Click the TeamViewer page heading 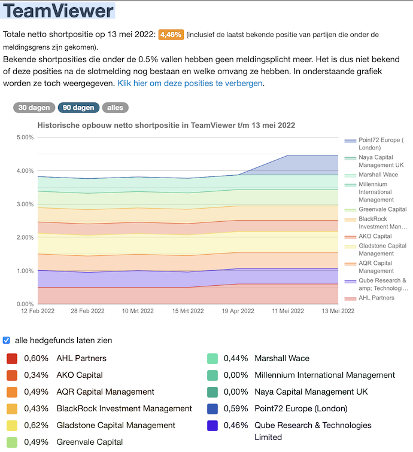point(58,11)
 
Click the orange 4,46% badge point(171,35)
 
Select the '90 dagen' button point(78,108)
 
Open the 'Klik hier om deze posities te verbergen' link point(190,83)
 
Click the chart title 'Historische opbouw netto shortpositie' point(166,126)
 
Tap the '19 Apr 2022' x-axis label point(238,311)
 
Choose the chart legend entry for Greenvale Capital point(382,209)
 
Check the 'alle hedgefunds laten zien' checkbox point(7,340)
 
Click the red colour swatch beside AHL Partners point(12,359)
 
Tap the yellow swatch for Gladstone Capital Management point(12,426)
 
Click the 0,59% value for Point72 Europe point(236,409)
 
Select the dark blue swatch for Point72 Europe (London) point(212,409)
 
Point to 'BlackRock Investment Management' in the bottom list point(124,409)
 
